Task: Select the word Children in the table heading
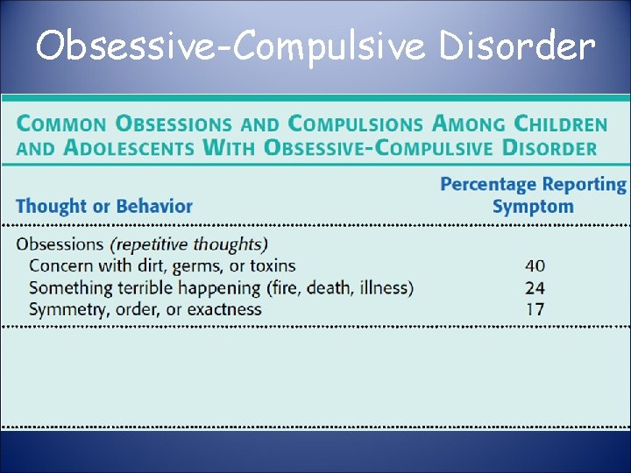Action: point(561,125)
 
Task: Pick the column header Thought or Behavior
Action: point(103,207)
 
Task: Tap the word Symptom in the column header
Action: point(533,207)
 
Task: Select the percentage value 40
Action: point(535,265)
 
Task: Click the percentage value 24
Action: point(535,287)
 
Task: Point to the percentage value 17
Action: point(535,309)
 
